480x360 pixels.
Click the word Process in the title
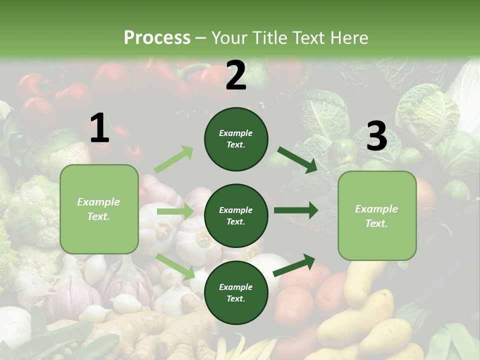pyautogui.click(x=157, y=38)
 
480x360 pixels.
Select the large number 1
pyautogui.click(x=99, y=128)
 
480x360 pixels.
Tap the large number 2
pyautogui.click(x=236, y=75)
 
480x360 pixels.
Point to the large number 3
pyautogui.click(x=376, y=136)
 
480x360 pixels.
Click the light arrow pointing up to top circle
pyautogui.click(x=174, y=159)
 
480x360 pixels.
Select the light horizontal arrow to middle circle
pyautogui.click(x=175, y=212)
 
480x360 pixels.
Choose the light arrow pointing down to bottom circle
pyautogui.click(x=175, y=266)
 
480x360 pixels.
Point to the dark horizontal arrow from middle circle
pyautogui.click(x=295, y=210)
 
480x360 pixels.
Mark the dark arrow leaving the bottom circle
pyautogui.click(x=294, y=265)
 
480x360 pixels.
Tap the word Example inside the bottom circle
pyautogui.click(x=236, y=287)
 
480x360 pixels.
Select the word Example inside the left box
pyautogui.click(x=98, y=202)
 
